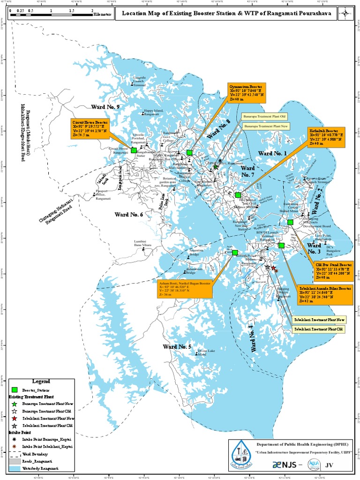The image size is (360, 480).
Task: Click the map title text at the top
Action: point(226,14)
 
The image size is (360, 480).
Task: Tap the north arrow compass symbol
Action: point(345,13)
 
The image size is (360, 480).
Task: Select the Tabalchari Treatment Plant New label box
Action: point(319,320)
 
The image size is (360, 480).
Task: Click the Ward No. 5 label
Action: point(177,346)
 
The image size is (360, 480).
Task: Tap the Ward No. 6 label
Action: point(128,214)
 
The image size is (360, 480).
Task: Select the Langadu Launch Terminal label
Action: point(140,81)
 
